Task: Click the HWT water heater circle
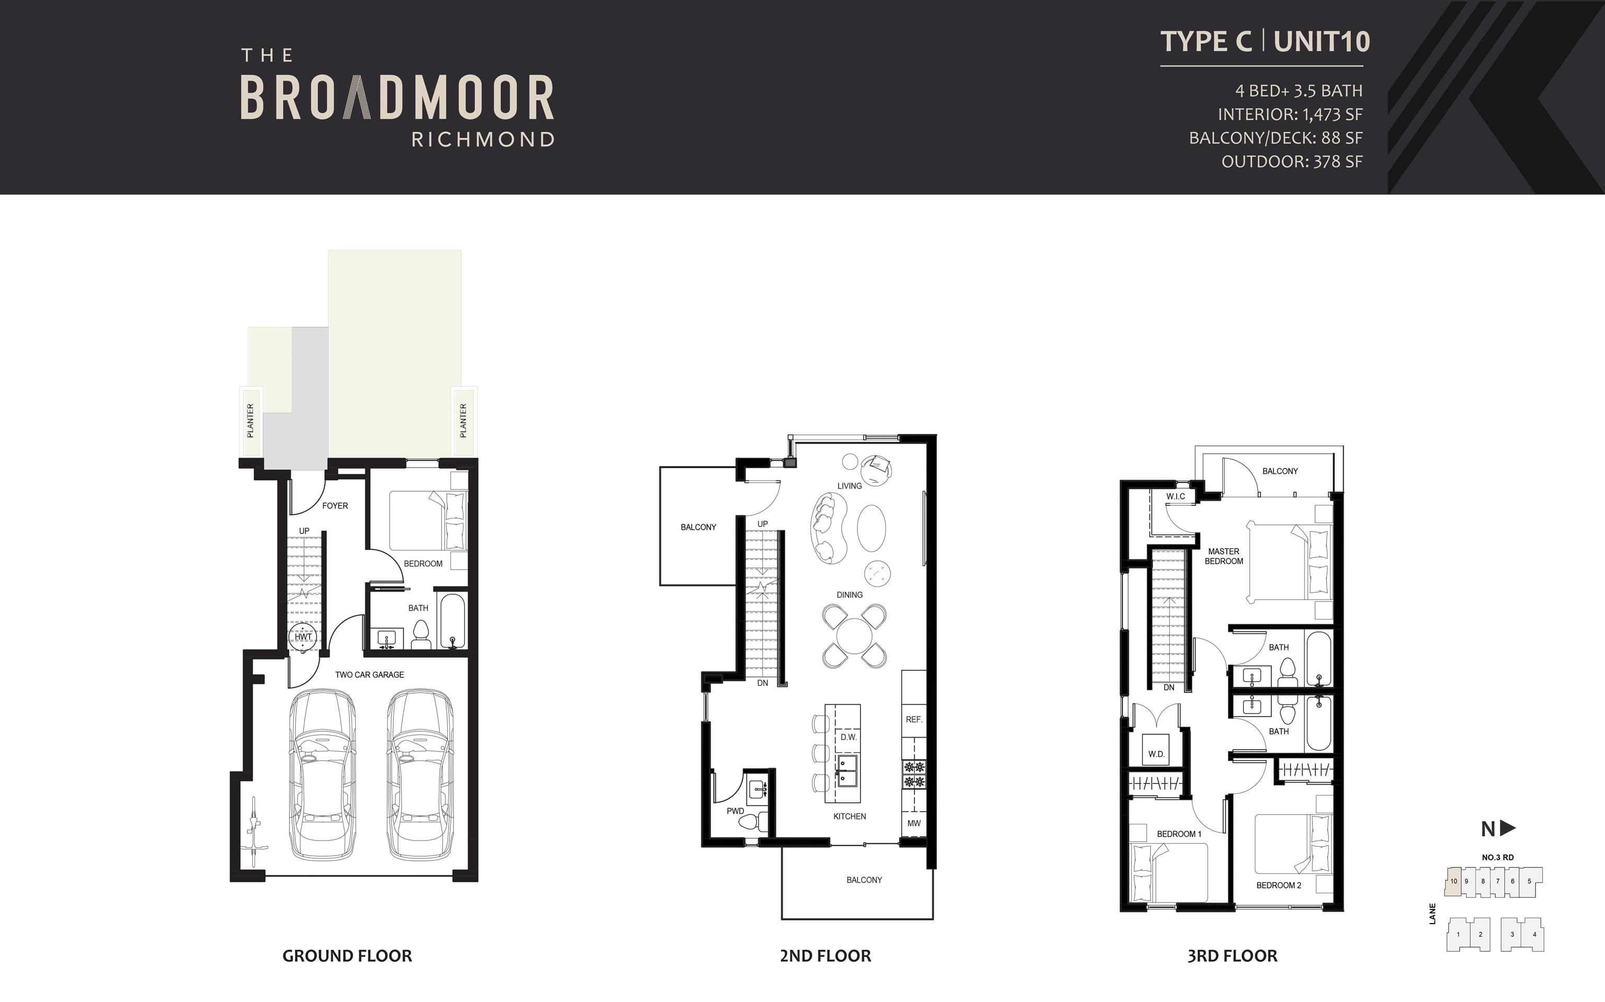pyautogui.click(x=304, y=636)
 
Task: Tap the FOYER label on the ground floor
pyautogui.click(x=335, y=505)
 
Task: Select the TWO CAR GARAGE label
pyautogui.click(x=369, y=675)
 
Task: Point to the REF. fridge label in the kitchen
pyautogui.click(x=914, y=720)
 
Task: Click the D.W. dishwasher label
pyautogui.click(x=848, y=737)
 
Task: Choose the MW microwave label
pyautogui.click(x=914, y=823)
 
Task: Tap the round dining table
pyautogui.click(x=855, y=636)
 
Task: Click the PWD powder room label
pyautogui.click(x=735, y=811)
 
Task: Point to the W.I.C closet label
pyautogui.click(x=1176, y=497)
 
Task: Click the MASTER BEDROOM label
pyautogui.click(x=1224, y=556)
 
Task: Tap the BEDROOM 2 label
pyautogui.click(x=1279, y=885)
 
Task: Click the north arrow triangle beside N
pyautogui.click(x=1508, y=828)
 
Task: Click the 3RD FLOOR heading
pyautogui.click(x=1232, y=955)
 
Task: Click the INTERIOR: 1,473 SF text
pyautogui.click(x=1290, y=114)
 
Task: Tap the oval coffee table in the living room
pyautogui.click(x=871, y=527)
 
